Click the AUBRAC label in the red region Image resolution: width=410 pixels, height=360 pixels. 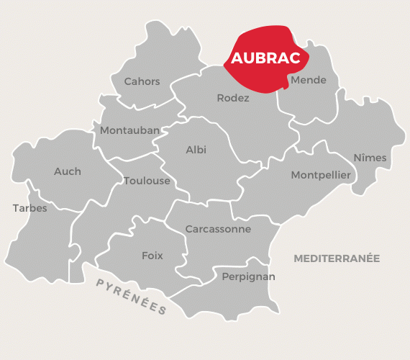click(x=265, y=58)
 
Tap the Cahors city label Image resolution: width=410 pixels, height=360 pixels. click(x=142, y=81)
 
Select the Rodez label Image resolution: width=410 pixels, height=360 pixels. click(x=233, y=98)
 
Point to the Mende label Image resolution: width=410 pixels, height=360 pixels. click(x=308, y=80)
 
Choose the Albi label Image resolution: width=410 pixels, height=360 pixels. click(x=196, y=150)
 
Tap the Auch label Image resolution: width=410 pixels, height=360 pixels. click(x=68, y=171)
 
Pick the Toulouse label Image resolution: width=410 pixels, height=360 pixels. click(x=147, y=181)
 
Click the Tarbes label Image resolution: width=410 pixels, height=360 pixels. click(x=29, y=208)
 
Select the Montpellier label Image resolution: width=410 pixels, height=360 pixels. click(x=321, y=175)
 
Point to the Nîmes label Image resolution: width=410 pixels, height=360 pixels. click(x=370, y=158)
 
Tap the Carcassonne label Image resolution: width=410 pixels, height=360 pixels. click(x=218, y=229)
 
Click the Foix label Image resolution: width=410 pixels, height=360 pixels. click(x=152, y=256)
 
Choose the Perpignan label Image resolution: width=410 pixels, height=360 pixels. click(x=248, y=276)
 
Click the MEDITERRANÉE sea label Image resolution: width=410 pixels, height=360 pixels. click(x=337, y=258)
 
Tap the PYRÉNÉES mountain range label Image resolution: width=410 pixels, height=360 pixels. click(x=132, y=296)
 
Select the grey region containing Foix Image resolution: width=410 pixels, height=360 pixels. click(x=137, y=274)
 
